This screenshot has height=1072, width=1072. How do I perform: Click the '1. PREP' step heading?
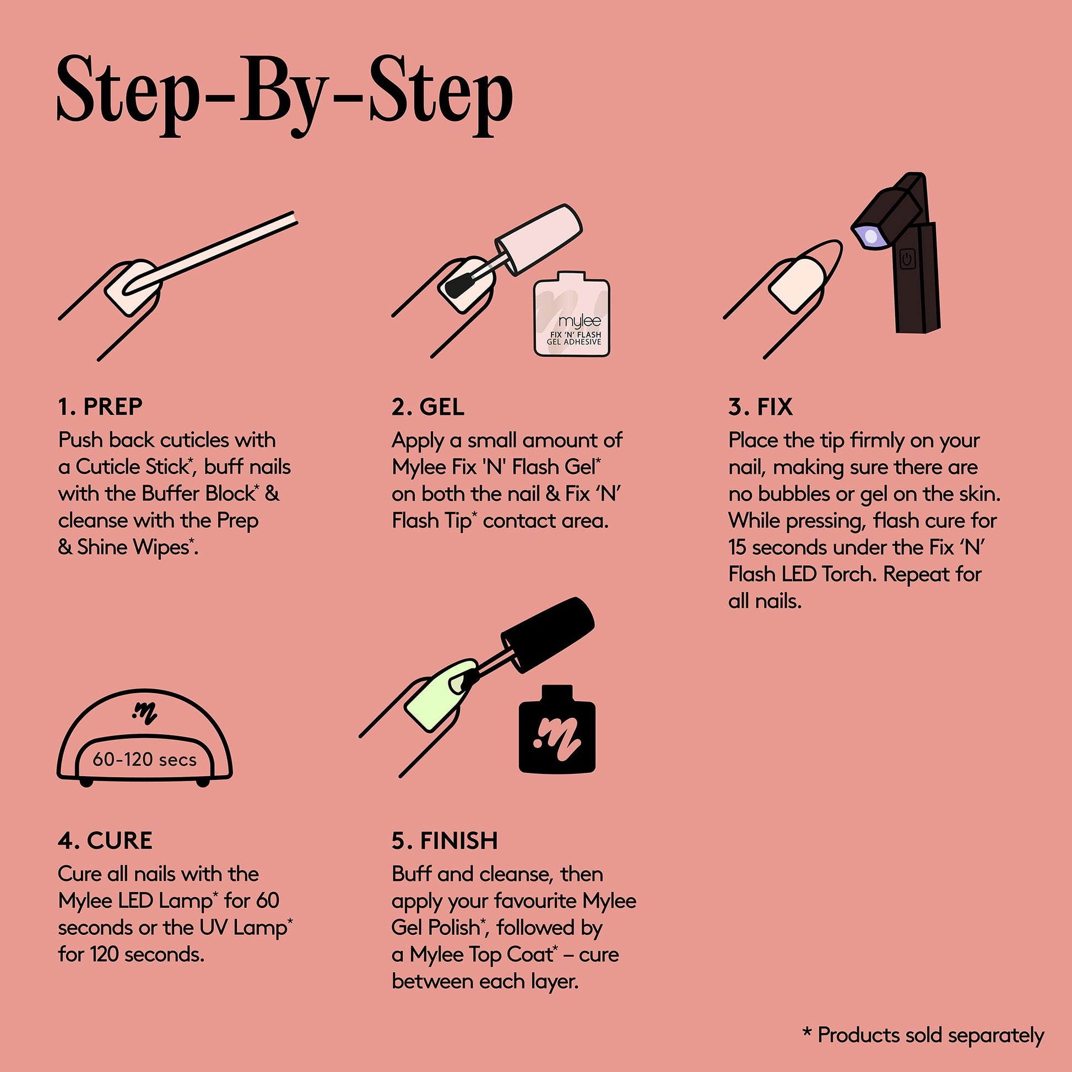tap(100, 407)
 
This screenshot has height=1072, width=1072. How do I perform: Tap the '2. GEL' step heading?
tap(428, 407)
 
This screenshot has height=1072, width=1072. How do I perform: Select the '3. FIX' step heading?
tap(761, 407)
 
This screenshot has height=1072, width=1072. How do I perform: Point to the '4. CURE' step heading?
tap(105, 841)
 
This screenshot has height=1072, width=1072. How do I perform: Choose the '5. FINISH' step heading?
tap(445, 841)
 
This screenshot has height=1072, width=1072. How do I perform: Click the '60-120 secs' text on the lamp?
tap(145, 759)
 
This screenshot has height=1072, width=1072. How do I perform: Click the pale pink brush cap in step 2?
tap(538, 239)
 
